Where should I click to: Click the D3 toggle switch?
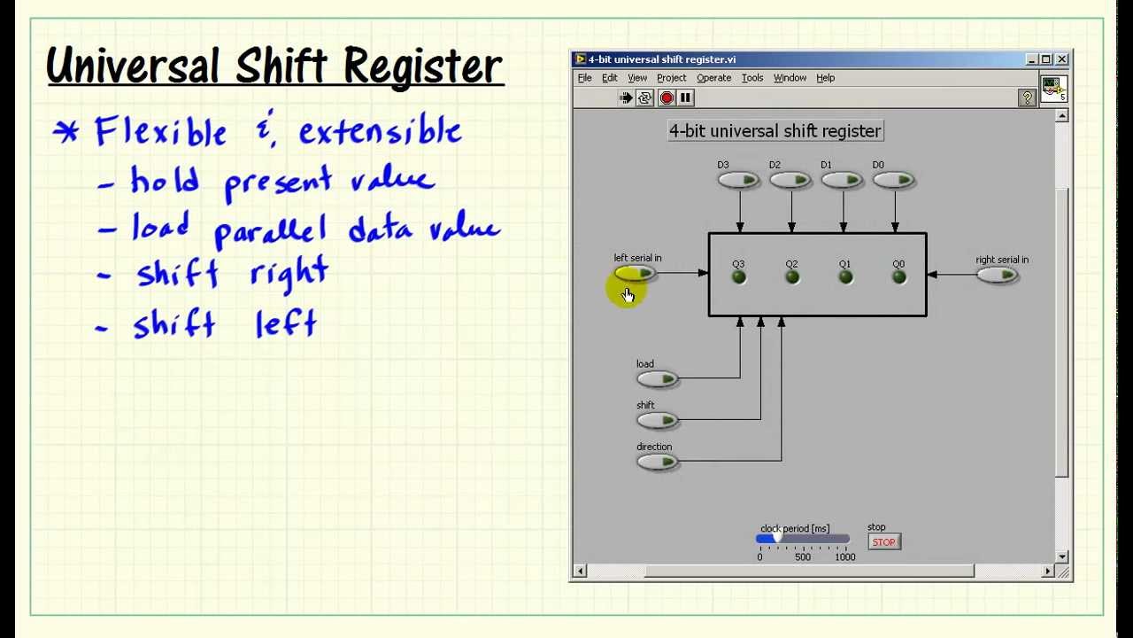[x=738, y=181]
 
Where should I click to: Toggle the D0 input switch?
[x=893, y=181]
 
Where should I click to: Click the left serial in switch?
[x=635, y=274]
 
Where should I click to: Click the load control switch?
[x=657, y=379]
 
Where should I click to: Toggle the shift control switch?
[x=657, y=420]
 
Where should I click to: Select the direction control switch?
[x=657, y=462]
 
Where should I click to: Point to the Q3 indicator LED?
[x=739, y=277]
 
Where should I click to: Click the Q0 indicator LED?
[x=898, y=277]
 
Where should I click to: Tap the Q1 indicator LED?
[x=845, y=277]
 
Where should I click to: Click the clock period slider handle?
[x=776, y=538]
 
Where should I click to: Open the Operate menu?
[x=713, y=78]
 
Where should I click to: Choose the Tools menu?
[x=751, y=78]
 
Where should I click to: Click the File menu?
[x=584, y=78]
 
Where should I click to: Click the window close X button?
[x=1061, y=59]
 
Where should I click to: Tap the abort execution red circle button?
[x=667, y=97]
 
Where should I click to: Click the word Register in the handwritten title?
[x=423, y=66]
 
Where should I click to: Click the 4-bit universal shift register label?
[x=775, y=131]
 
